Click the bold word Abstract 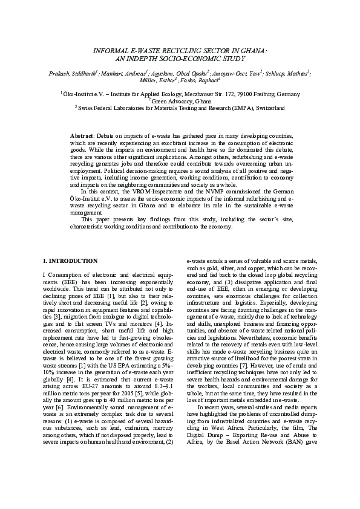click(82, 137)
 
